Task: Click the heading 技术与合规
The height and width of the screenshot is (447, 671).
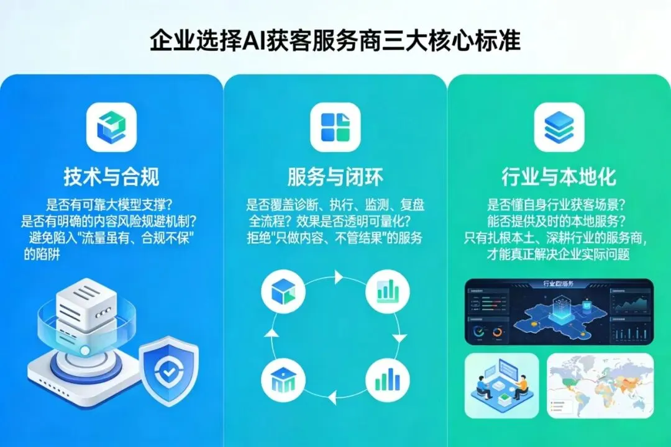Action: click(111, 177)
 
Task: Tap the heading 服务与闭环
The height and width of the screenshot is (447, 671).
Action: click(335, 177)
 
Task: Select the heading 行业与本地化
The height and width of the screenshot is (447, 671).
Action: click(559, 177)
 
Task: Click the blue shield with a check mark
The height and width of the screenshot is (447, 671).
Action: click(168, 371)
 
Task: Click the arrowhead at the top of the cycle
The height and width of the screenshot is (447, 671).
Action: click(339, 277)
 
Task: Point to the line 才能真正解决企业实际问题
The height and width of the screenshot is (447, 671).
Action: click(559, 255)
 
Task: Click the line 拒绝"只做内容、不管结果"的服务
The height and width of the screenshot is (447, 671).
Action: click(335, 238)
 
